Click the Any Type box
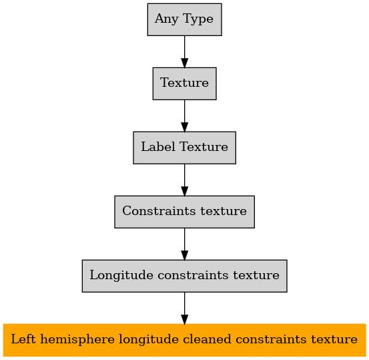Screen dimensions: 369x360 [x=184, y=19]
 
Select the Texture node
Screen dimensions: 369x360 [x=184, y=83]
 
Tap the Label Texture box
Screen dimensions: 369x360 [x=184, y=148]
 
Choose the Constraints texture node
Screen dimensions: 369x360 [x=184, y=212]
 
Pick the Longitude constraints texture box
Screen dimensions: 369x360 [x=184, y=276]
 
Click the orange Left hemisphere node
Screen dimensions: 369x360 [x=184, y=340]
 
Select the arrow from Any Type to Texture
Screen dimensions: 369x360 [x=184, y=52]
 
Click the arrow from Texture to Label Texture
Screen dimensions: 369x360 [x=184, y=116]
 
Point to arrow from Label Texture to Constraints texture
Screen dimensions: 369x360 [x=184, y=180]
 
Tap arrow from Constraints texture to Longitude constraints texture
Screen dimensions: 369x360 [x=184, y=244]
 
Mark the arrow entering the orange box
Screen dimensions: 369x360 [x=184, y=308]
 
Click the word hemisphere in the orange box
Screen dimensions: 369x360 [x=77, y=340]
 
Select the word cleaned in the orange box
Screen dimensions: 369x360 [x=207, y=339]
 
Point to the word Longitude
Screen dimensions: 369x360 [x=121, y=275]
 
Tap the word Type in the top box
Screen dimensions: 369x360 [x=198, y=19]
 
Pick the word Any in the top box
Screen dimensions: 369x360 [x=167, y=19]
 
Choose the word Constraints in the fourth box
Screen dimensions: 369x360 [x=159, y=210]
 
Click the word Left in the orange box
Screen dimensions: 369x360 [x=23, y=339]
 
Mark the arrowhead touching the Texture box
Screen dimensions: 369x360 [x=184, y=63]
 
